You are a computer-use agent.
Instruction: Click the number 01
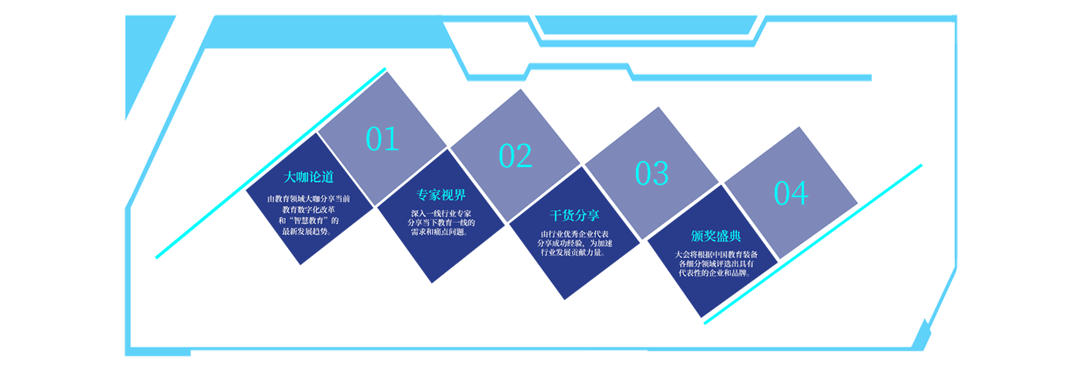click(382, 139)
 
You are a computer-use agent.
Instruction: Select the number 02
click(515, 156)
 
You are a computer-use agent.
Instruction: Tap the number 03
click(651, 173)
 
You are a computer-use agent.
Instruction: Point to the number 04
click(791, 193)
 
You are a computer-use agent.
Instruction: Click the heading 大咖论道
click(310, 177)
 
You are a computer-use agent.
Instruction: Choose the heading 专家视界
click(441, 195)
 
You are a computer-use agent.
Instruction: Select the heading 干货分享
click(574, 215)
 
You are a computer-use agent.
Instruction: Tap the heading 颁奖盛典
click(716, 236)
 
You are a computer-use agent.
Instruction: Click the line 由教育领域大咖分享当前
click(309, 199)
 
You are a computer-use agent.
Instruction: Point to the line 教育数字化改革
click(309, 210)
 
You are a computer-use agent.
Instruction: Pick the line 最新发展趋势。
click(309, 231)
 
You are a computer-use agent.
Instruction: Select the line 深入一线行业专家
click(441, 213)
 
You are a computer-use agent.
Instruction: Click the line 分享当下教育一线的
click(441, 223)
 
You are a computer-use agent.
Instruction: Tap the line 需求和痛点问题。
click(441, 232)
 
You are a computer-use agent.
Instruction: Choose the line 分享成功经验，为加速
click(574, 243)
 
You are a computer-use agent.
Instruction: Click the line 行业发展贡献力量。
click(574, 253)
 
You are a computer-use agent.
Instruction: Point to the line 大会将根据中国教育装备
click(716, 254)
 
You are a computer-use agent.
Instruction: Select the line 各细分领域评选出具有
click(716, 263)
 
